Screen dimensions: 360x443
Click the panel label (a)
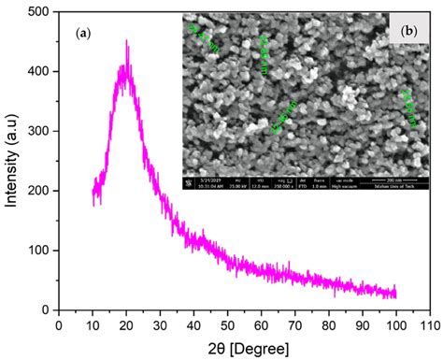point(82,33)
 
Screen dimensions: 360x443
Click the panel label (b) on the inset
point(407,31)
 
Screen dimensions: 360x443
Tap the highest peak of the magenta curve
point(126,42)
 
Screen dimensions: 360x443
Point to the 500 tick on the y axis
point(39,12)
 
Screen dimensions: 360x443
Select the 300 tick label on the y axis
point(39,131)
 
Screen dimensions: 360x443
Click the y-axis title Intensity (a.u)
point(12,160)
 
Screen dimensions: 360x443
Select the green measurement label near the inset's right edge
point(407,106)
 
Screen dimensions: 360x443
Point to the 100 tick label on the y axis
point(39,251)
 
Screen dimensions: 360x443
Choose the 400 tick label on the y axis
point(39,72)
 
